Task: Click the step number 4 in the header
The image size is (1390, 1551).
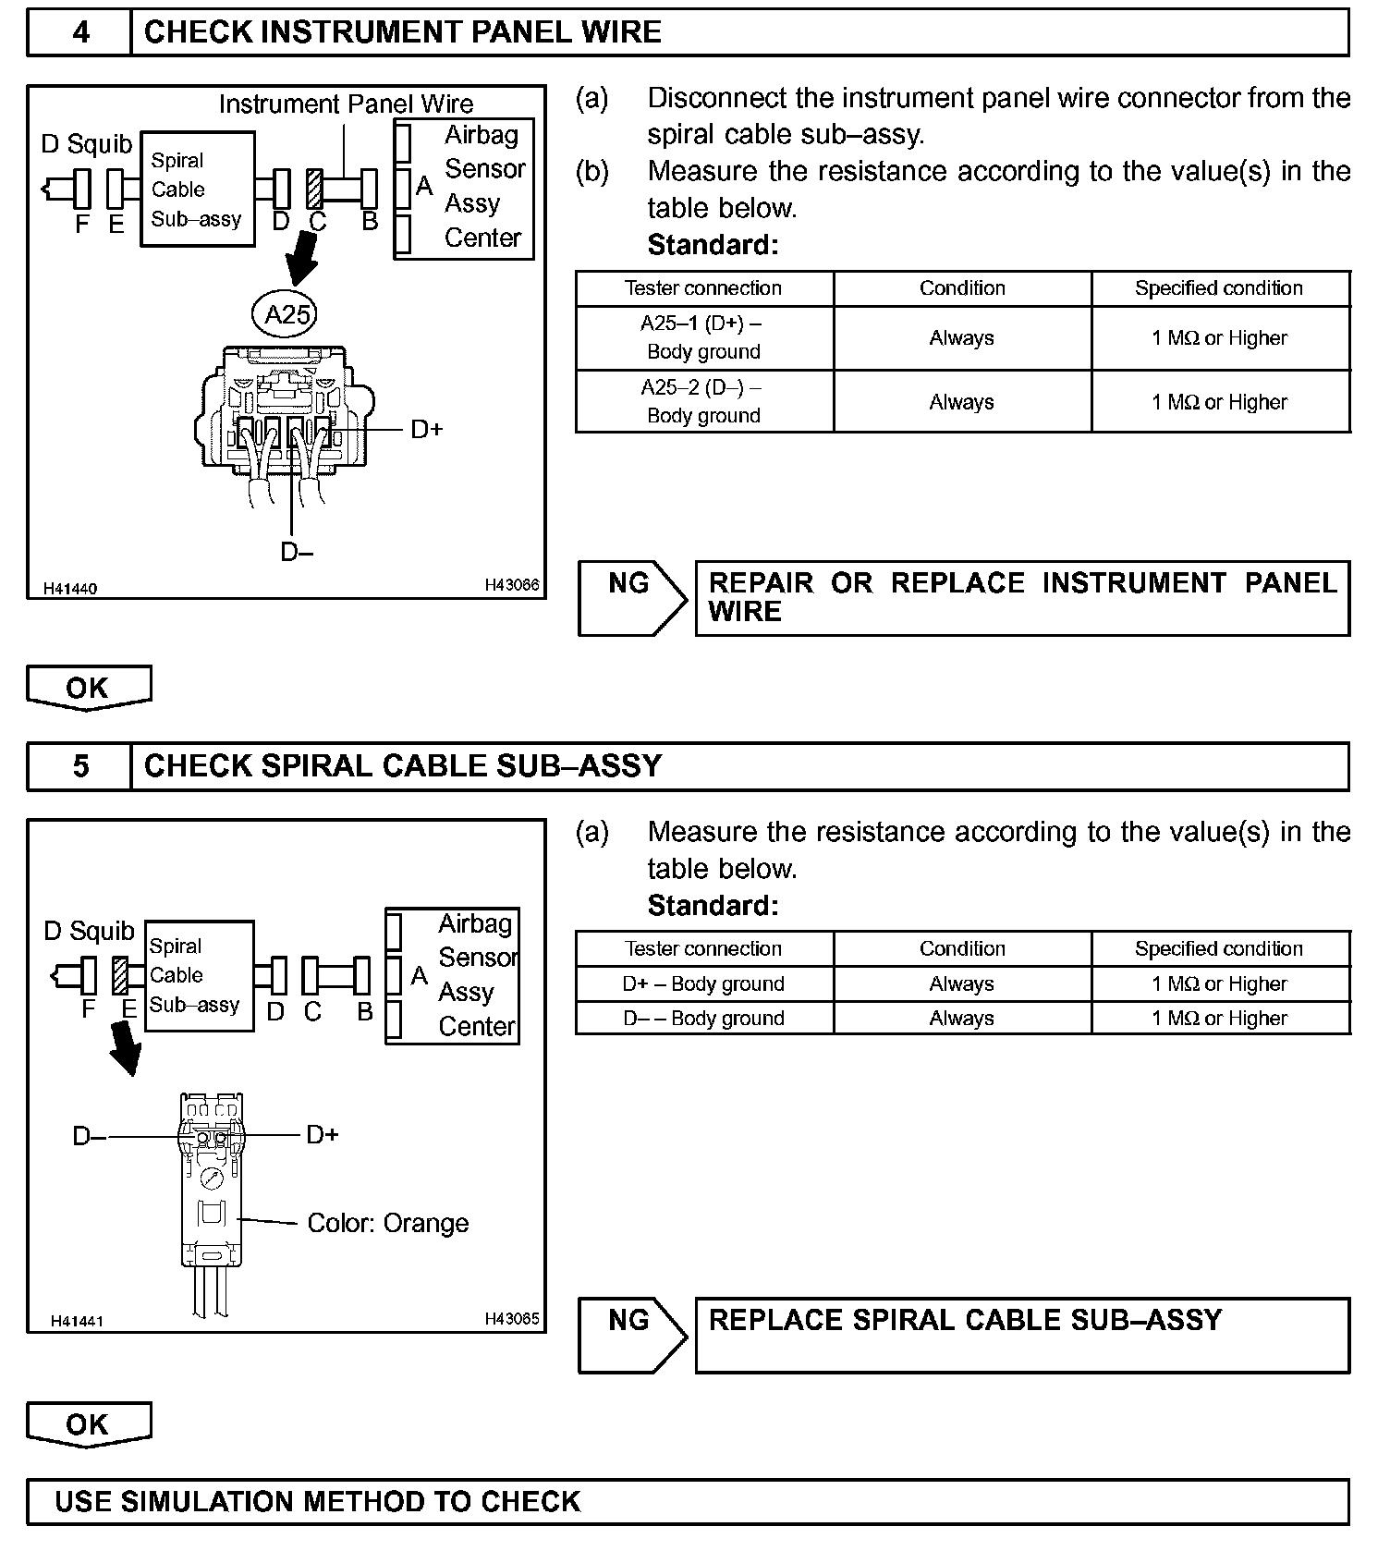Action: (x=80, y=32)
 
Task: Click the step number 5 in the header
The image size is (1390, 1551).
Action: (x=80, y=766)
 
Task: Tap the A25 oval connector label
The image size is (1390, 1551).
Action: (x=287, y=315)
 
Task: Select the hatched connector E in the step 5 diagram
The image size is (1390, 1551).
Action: (x=119, y=975)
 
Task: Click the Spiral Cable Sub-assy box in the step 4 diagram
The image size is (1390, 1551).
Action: (x=197, y=189)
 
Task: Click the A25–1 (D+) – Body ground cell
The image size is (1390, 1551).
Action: (x=703, y=337)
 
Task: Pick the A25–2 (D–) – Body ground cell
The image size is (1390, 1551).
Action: (x=703, y=402)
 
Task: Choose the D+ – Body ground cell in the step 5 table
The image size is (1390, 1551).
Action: (x=703, y=983)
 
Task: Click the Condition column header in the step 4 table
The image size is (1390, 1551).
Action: (x=962, y=288)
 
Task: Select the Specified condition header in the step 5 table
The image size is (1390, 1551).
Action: (x=1219, y=948)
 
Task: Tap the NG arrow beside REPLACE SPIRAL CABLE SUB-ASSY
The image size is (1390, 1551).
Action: (x=631, y=1334)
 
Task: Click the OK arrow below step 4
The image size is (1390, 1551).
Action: (x=88, y=689)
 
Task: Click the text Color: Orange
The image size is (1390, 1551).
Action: (x=387, y=1223)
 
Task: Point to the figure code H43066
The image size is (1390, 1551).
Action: (x=512, y=585)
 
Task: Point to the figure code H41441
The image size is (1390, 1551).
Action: (x=77, y=1321)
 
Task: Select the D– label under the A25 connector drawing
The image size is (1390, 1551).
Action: (x=297, y=553)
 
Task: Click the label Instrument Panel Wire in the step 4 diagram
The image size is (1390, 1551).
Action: (x=346, y=104)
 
